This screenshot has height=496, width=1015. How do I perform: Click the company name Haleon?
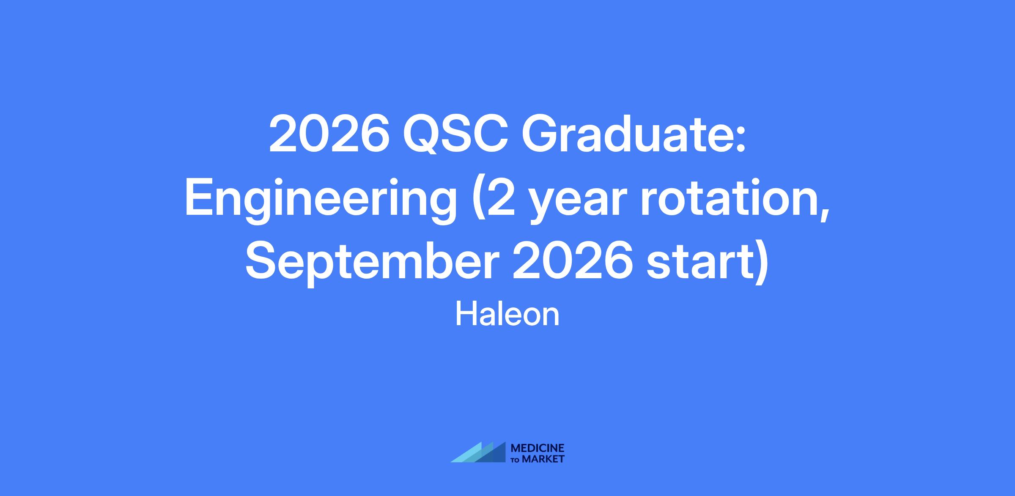[507, 315]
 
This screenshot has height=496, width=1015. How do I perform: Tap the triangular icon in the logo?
[478, 452]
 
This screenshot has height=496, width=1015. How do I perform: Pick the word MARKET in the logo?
[543, 459]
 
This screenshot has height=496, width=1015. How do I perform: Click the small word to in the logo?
[516, 460]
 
